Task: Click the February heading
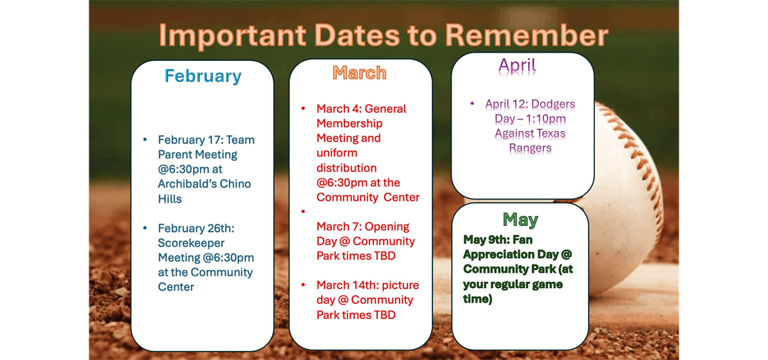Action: click(203, 75)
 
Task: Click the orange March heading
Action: click(359, 73)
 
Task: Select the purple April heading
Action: click(517, 66)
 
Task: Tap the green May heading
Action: click(520, 219)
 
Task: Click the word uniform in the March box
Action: click(337, 153)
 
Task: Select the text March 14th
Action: click(344, 285)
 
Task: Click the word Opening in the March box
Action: click(387, 226)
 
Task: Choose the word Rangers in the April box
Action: click(530, 148)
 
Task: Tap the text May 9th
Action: click(485, 240)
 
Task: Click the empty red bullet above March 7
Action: click(303, 212)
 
